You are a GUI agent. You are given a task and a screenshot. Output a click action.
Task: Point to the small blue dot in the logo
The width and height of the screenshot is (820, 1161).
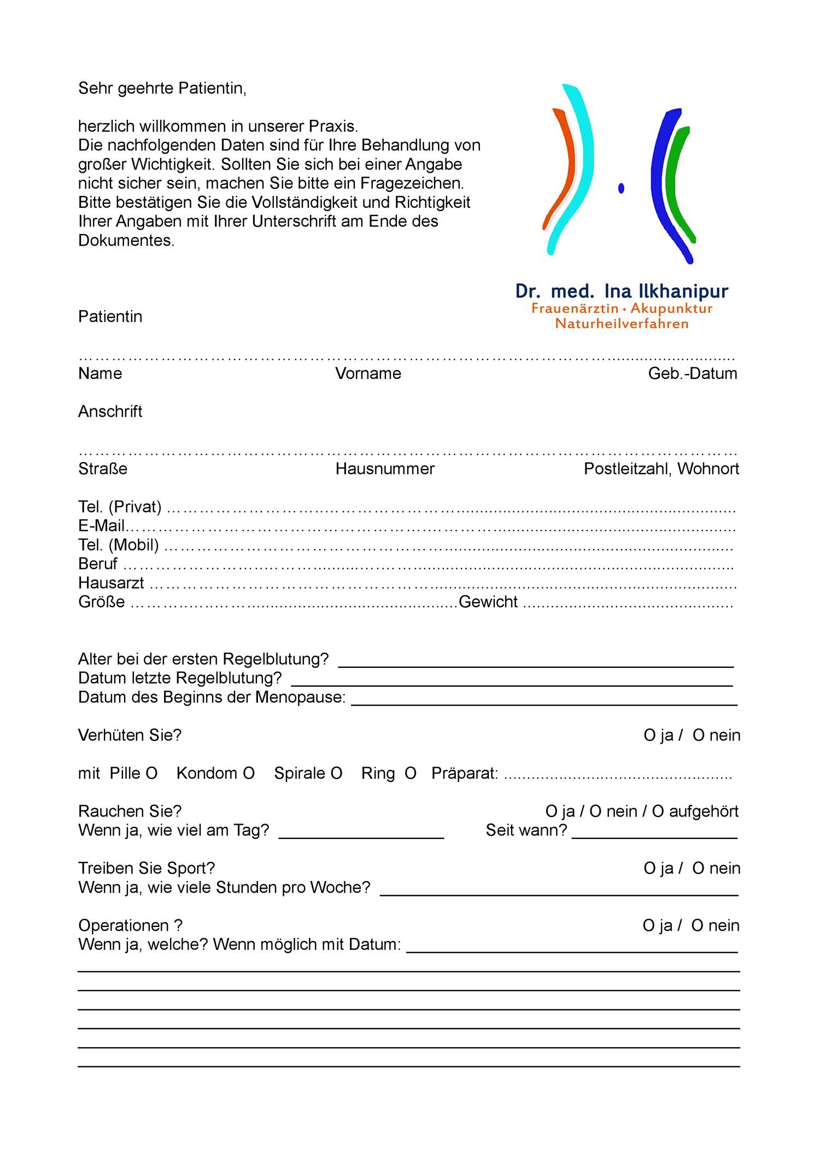[x=621, y=188]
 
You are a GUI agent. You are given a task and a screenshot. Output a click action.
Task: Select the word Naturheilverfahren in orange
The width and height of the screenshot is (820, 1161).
[x=622, y=324]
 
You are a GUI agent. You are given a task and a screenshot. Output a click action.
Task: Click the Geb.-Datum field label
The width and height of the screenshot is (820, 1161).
[x=692, y=374]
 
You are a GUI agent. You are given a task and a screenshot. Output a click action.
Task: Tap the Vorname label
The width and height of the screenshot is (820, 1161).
[x=368, y=374]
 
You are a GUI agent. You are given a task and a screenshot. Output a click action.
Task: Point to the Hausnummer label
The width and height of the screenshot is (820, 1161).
[x=385, y=469]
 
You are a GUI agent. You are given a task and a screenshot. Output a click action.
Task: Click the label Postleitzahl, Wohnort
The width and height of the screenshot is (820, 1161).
[x=661, y=469]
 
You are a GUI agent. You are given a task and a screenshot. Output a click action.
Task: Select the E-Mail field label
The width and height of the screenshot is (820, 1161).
[x=102, y=526]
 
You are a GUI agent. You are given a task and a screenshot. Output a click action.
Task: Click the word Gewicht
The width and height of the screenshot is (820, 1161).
[x=488, y=602]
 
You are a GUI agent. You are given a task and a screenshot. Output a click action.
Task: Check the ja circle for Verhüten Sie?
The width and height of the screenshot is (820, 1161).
[x=649, y=736]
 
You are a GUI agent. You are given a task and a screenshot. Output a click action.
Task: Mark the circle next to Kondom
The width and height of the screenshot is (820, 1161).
[x=249, y=773]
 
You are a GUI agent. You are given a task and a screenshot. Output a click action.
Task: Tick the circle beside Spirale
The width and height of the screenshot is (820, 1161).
[x=337, y=773]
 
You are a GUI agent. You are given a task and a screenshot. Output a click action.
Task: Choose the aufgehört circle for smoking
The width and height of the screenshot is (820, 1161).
[x=658, y=812]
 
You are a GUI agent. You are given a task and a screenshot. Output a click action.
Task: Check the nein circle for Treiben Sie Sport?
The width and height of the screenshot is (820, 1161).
[x=698, y=868]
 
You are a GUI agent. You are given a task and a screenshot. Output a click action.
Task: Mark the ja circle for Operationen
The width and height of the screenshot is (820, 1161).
[x=649, y=926]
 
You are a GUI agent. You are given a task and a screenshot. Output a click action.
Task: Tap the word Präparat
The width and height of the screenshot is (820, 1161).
[x=464, y=773]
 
